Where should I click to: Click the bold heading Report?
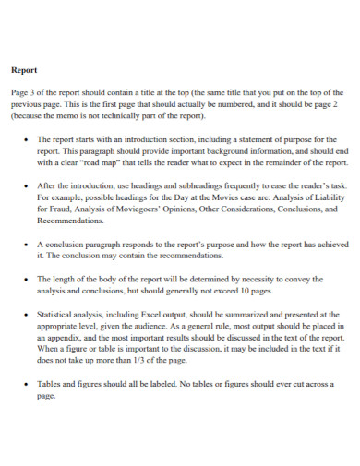(x=23, y=69)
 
